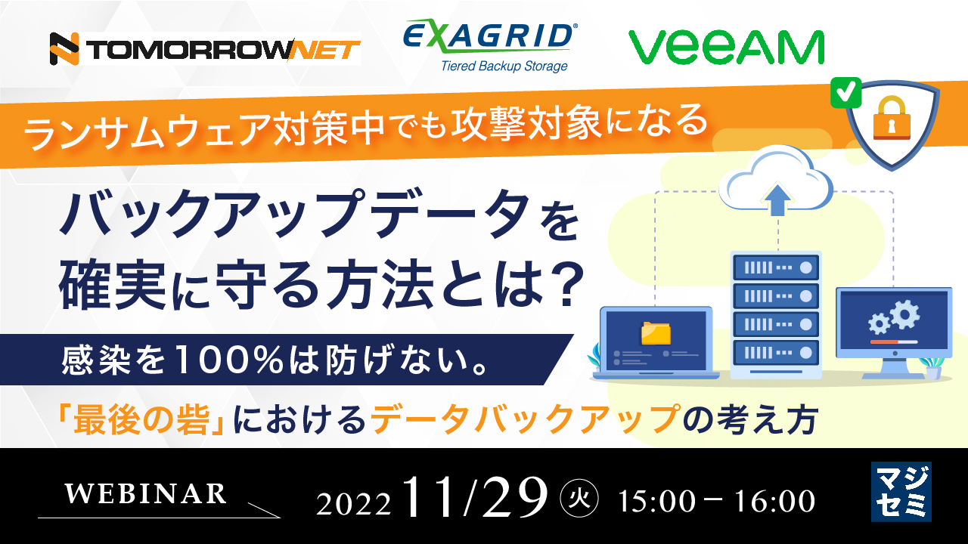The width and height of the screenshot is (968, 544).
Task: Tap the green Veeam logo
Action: [x=726, y=47]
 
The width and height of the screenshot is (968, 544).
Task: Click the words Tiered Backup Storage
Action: [x=504, y=66]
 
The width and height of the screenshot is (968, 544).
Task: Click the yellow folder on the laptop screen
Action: [x=656, y=333]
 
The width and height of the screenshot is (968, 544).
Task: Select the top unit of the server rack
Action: [x=775, y=267]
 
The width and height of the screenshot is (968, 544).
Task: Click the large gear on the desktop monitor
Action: [x=904, y=312]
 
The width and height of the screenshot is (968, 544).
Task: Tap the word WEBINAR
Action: [x=146, y=493]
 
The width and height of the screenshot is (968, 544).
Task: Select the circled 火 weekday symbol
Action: [x=579, y=499]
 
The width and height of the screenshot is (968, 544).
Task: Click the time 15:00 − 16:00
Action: [x=716, y=500]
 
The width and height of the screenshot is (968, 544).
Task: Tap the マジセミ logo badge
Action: [x=901, y=491]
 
